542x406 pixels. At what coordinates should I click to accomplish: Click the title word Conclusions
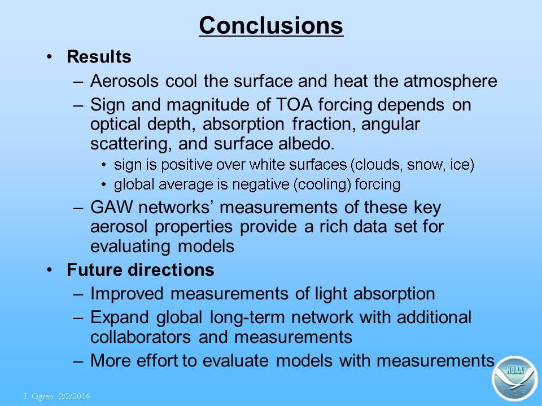tap(271, 25)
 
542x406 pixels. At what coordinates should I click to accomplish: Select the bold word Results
tap(99, 56)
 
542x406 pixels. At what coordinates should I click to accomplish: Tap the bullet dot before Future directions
tap(50, 270)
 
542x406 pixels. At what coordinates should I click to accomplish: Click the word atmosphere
tap(451, 81)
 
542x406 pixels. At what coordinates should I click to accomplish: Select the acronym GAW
tap(111, 208)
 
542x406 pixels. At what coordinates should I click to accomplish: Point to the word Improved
tap(127, 294)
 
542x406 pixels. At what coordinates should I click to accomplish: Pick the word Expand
tap(120, 317)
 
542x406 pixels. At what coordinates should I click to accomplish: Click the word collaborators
tap(141, 337)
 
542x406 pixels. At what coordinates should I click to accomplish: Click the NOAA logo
tap(515, 378)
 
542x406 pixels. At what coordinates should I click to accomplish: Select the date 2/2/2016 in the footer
tap(75, 396)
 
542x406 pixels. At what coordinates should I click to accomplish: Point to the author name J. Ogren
tap(38, 396)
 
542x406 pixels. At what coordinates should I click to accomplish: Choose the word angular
tap(391, 125)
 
